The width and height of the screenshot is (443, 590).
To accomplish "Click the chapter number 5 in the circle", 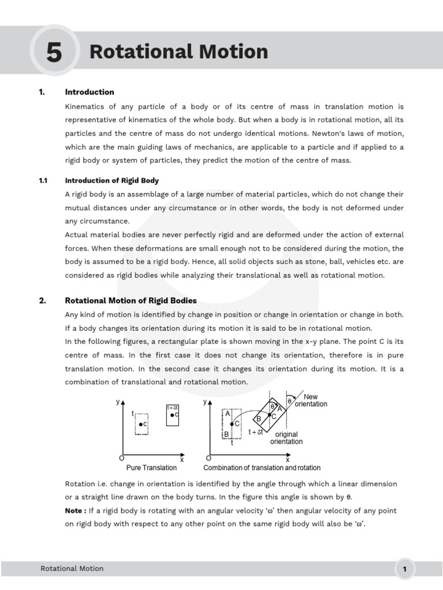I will click(53, 53).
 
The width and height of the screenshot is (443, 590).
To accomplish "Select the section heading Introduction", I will click(89, 92).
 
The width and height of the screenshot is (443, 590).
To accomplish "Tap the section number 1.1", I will click(43, 181).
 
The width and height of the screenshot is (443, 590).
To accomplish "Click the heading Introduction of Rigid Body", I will click(112, 181).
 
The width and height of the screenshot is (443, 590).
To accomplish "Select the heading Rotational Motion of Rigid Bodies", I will click(131, 301).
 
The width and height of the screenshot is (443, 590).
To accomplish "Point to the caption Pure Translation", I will click(152, 468).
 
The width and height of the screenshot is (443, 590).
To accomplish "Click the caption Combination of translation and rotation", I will click(262, 468).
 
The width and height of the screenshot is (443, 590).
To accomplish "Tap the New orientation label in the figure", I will click(311, 400).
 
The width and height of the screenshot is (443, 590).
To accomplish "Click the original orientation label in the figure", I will click(286, 438).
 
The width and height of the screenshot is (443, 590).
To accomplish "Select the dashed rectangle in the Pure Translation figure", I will click(141, 424).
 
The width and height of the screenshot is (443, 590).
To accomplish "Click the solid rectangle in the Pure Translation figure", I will click(173, 415).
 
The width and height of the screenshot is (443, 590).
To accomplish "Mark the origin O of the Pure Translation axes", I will click(121, 458).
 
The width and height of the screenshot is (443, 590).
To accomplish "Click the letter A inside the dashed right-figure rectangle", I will click(228, 414).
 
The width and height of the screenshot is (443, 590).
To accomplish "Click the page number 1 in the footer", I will click(405, 570).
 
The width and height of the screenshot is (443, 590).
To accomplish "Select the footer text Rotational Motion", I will click(72, 569).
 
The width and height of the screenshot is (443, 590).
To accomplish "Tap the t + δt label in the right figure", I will click(256, 432).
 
